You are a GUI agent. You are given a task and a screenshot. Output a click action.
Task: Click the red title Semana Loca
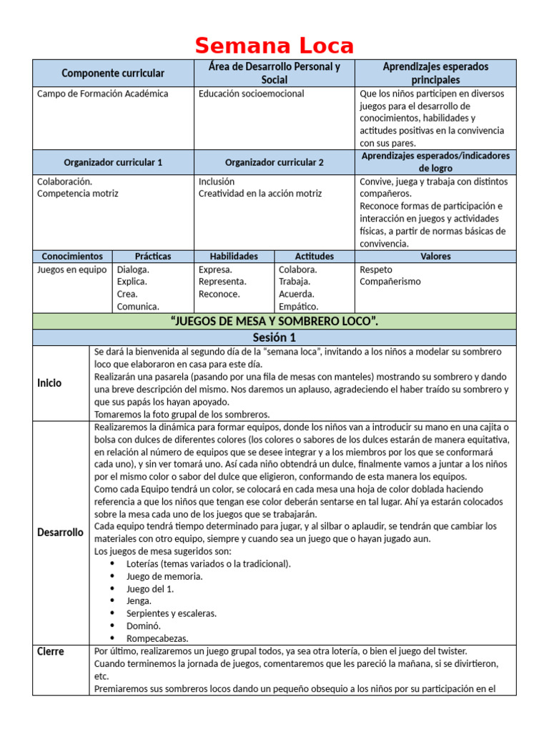tap(274, 46)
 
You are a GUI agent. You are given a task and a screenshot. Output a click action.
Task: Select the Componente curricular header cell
tap(113, 73)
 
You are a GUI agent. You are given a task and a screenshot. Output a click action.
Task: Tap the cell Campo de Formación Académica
tap(103, 94)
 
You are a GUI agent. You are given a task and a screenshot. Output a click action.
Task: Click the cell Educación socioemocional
tap(251, 94)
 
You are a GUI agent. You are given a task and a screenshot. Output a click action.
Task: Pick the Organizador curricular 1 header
tap(113, 162)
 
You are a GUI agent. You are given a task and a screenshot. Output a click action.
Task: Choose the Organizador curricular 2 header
tap(274, 162)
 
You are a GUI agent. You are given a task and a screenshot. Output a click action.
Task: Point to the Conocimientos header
tap(72, 256)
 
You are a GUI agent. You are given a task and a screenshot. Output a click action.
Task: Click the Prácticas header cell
tap(153, 256)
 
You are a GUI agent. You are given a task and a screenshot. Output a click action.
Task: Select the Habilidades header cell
tap(234, 256)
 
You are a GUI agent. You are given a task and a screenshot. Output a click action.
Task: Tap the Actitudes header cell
tap(315, 256)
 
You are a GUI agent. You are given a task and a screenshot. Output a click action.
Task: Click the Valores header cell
tap(435, 256)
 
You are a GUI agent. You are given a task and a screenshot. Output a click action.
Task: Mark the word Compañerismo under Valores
tap(390, 282)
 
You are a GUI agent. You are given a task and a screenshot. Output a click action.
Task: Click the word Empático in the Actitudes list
tap(299, 307)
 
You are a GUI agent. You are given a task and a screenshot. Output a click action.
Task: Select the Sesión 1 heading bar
tap(274, 337)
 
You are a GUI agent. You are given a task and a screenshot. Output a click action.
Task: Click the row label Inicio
tap(49, 383)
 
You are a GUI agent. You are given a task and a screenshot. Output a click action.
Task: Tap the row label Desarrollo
tap(60, 533)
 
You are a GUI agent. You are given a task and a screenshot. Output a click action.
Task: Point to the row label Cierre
tap(51, 651)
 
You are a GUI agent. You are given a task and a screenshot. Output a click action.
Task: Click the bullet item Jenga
tap(139, 601)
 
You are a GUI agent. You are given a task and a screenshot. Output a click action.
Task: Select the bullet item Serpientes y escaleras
tap(172, 613)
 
